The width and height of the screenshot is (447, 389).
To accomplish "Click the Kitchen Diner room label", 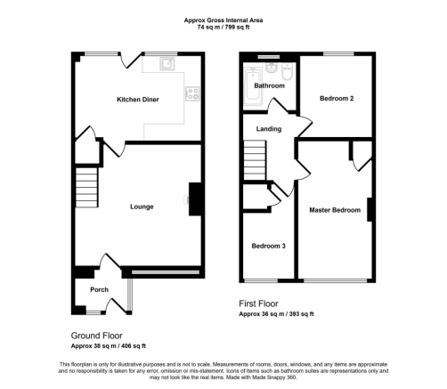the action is pyautogui.click(x=138, y=100).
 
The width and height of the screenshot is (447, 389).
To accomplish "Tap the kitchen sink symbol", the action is pyautogui.click(x=167, y=63).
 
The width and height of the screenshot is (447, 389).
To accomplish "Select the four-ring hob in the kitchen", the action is pyautogui.click(x=192, y=93).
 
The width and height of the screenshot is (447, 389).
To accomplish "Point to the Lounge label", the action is pyautogui.click(x=142, y=207).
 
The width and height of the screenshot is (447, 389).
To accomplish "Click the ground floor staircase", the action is pyautogui.click(x=86, y=188).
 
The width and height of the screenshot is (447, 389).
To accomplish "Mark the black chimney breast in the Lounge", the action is pyautogui.click(x=195, y=199).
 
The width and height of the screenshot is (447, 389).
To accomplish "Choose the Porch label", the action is pyautogui.click(x=99, y=289).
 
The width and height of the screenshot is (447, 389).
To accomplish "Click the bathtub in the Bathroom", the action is pyautogui.click(x=253, y=86).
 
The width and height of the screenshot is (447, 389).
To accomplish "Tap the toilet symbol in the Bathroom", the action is pyautogui.click(x=288, y=71).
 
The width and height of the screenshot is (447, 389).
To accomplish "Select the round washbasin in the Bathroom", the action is pyautogui.click(x=272, y=68).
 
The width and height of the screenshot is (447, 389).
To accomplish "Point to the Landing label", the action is pyautogui.click(x=269, y=129).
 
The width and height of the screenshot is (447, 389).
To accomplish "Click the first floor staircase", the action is pyautogui.click(x=255, y=160).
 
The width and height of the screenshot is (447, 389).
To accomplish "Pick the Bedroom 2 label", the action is pyautogui.click(x=337, y=98).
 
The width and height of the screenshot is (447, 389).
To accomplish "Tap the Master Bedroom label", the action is pyautogui.click(x=335, y=210).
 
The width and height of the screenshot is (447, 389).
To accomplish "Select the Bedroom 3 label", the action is pyautogui.click(x=268, y=246).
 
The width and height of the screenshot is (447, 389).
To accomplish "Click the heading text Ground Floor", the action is pyautogui.click(x=97, y=336).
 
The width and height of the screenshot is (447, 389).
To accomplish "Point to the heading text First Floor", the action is pyautogui.click(x=258, y=304).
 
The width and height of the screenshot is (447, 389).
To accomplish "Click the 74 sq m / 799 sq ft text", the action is pyautogui.click(x=223, y=28).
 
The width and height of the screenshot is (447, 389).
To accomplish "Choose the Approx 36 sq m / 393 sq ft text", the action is pyautogui.click(x=276, y=314).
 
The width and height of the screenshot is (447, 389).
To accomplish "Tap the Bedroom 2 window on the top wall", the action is pyautogui.click(x=338, y=54).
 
